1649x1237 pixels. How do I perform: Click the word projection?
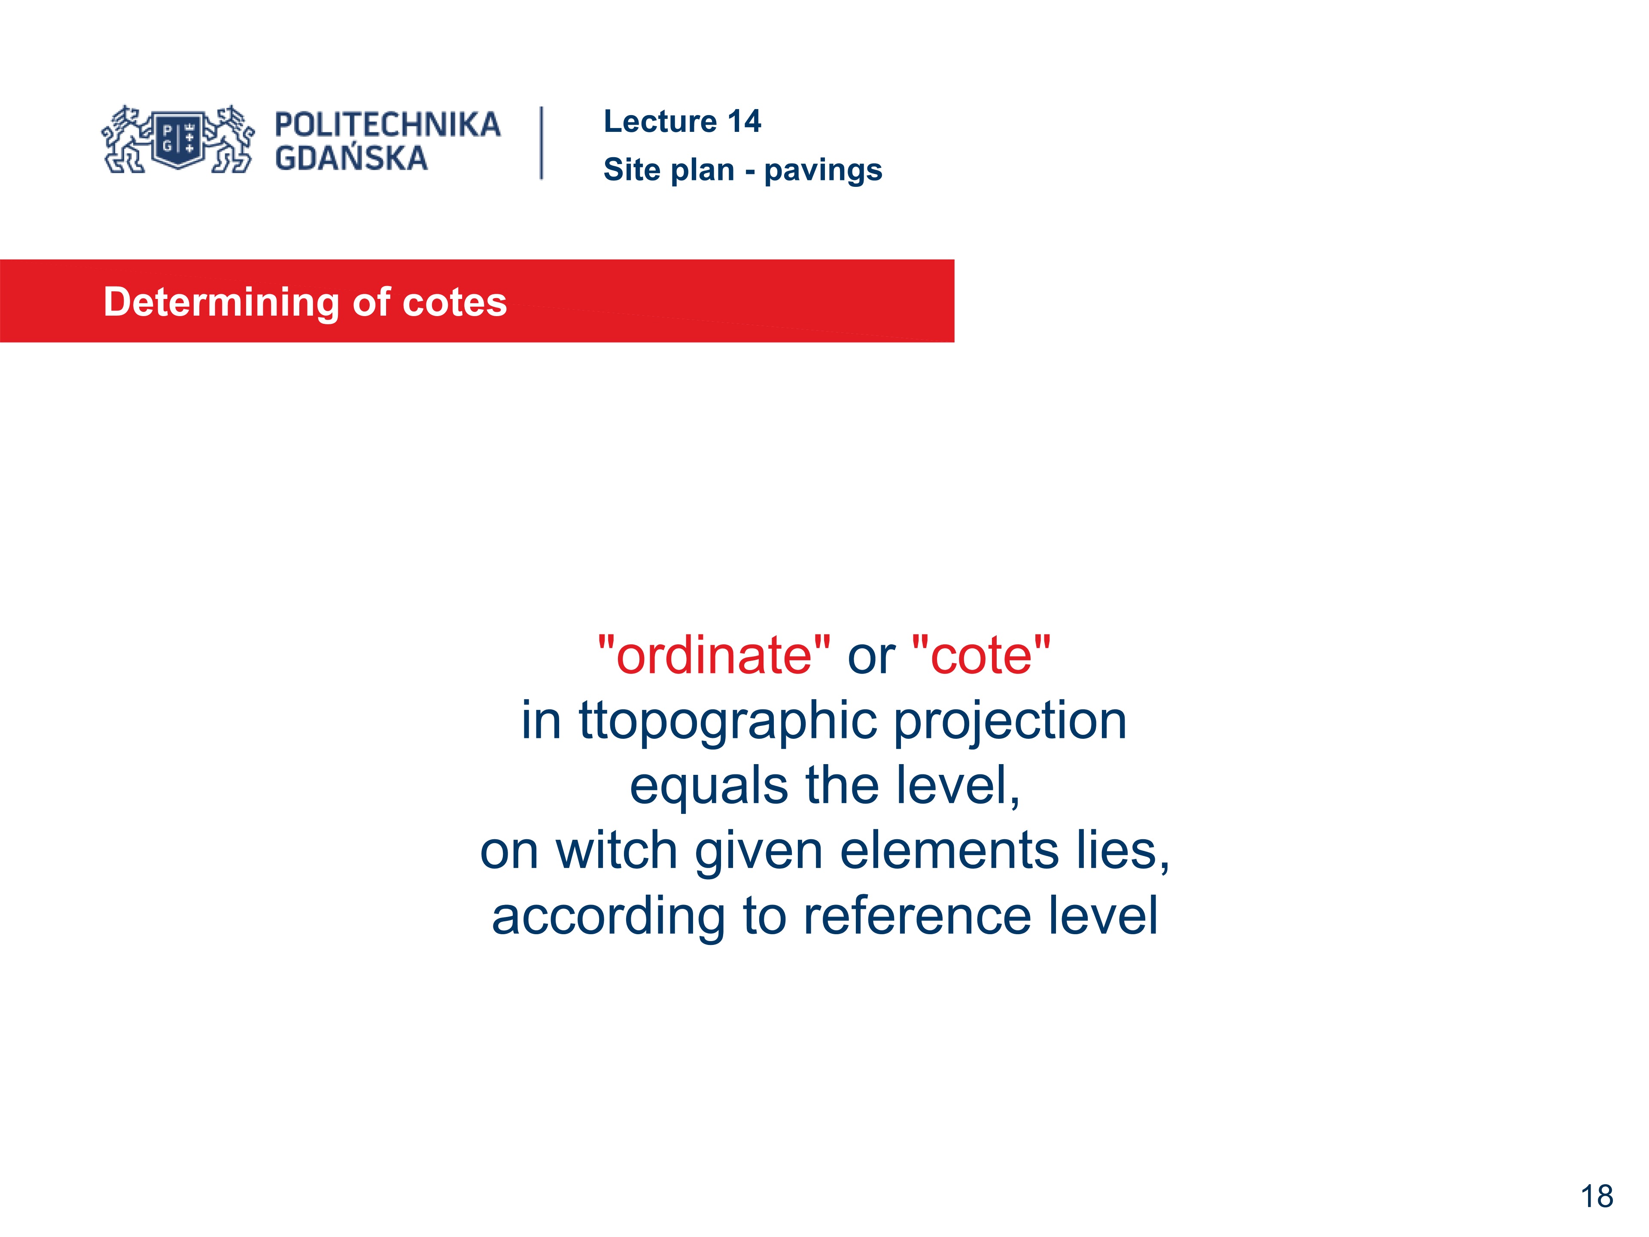(x=1010, y=722)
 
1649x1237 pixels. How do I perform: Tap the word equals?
(x=708, y=786)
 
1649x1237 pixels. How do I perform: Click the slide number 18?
(x=1596, y=1197)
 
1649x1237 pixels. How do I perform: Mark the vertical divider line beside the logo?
(x=542, y=143)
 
